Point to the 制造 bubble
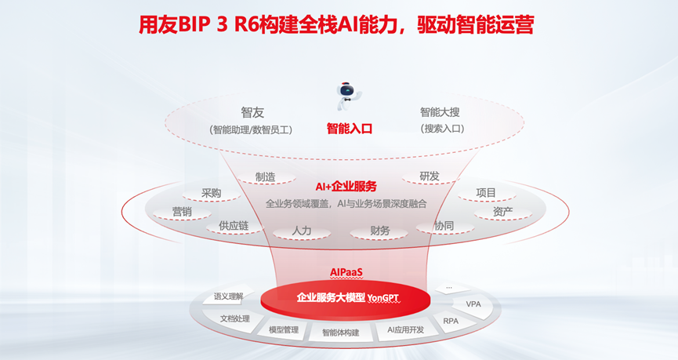point(265,176)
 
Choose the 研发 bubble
point(430,176)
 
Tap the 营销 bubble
point(182,211)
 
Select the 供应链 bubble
point(234,226)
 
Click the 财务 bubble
point(379,231)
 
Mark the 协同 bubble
point(444,226)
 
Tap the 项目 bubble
point(486,193)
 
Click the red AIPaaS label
point(346,272)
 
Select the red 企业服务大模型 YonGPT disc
point(346,298)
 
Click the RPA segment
point(451,321)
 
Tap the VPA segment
point(473,304)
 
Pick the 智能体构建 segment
point(340,333)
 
